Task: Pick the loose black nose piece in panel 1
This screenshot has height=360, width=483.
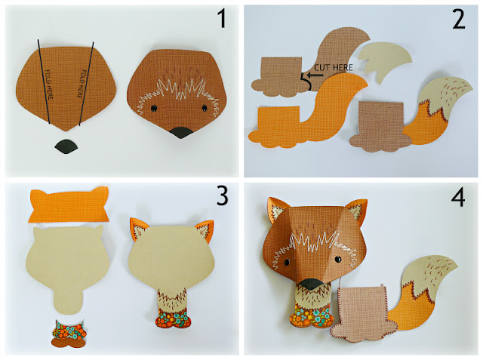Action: point(68,147)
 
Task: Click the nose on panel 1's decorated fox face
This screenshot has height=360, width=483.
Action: point(182,134)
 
